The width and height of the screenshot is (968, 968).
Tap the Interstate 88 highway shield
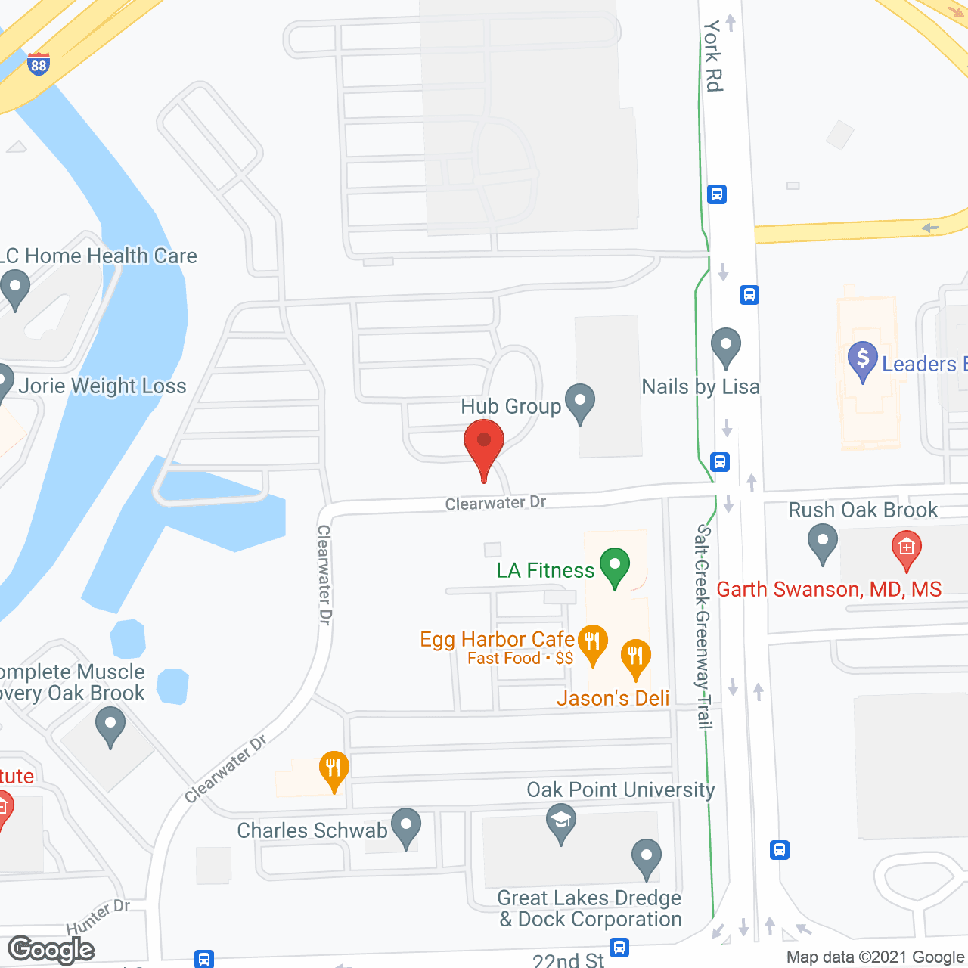point(39,64)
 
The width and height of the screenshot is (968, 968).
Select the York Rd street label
point(712,56)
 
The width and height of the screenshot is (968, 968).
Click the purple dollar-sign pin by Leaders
point(862,360)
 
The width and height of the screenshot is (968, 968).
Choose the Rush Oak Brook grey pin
point(822,542)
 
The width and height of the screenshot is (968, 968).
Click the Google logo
point(51,950)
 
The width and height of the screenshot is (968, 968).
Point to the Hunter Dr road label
point(98,917)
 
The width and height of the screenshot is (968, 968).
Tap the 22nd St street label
point(569,960)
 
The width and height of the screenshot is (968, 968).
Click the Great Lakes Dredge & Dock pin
point(646,858)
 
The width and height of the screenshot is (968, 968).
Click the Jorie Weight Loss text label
point(102,386)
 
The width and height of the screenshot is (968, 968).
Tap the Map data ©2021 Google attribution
point(876,957)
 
